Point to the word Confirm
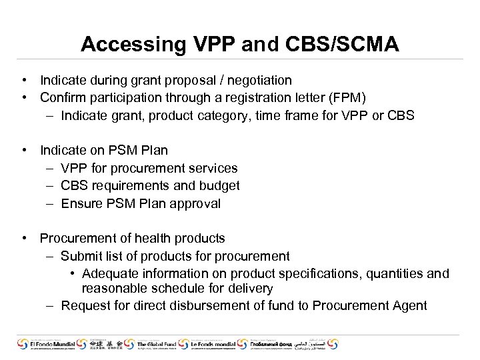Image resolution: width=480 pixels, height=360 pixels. [x=62, y=98]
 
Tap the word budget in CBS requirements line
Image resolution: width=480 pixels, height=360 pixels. [x=219, y=186]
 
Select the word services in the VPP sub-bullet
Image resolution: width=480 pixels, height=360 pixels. [x=212, y=169]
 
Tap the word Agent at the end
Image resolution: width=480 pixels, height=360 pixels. [x=409, y=306]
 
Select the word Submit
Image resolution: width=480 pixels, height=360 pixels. [x=81, y=257]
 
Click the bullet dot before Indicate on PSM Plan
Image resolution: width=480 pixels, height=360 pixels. [x=24, y=151]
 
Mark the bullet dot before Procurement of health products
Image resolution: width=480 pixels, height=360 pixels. [x=24, y=239]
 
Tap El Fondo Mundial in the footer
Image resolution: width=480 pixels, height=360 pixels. [x=50, y=345]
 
